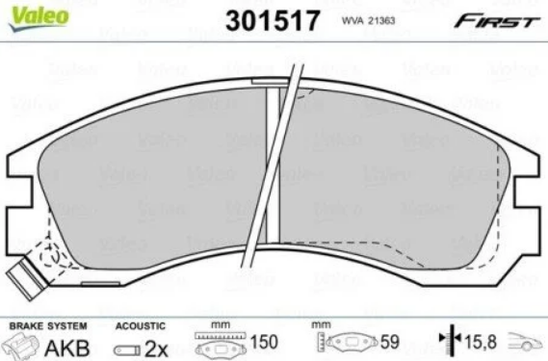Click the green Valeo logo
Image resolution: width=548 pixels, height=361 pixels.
pyautogui.click(x=39, y=18)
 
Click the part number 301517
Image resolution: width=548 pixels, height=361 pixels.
pyautogui.click(x=273, y=20)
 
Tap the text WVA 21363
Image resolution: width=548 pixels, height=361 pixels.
pyautogui.click(x=368, y=20)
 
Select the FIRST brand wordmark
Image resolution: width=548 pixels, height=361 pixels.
pyautogui.click(x=497, y=21)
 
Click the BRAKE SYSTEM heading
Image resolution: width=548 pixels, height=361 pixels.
pyautogui.click(x=48, y=326)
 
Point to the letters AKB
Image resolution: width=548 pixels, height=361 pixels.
pyautogui.click(x=67, y=348)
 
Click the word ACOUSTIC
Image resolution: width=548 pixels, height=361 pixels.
pyautogui.click(x=141, y=326)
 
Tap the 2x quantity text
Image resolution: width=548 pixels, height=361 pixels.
pyautogui.click(x=156, y=349)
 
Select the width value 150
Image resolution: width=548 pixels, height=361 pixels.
pyautogui.click(x=264, y=342)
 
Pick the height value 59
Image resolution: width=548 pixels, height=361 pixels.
pyautogui.click(x=389, y=342)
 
